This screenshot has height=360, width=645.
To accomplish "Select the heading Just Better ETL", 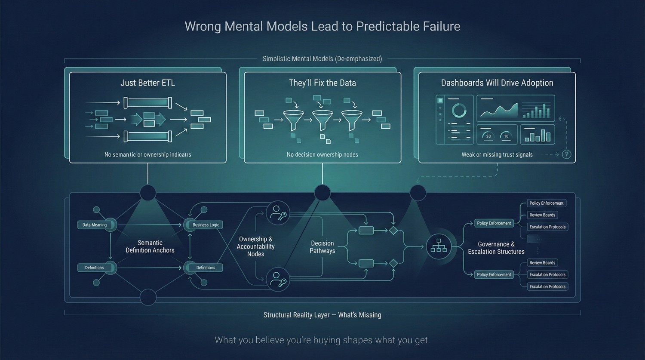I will [x=147, y=83].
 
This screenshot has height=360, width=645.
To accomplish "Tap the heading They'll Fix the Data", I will [x=322, y=83].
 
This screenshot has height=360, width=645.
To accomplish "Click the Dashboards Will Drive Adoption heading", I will [x=497, y=83].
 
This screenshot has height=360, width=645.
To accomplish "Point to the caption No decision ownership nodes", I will [x=322, y=154].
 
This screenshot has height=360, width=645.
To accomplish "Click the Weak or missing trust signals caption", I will [x=497, y=154].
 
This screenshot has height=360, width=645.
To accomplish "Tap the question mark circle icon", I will [x=567, y=154].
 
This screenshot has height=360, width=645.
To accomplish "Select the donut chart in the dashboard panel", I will [x=459, y=111].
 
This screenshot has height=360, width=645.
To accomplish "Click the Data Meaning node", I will [x=95, y=225].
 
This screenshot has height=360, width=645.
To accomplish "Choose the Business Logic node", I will [x=206, y=225].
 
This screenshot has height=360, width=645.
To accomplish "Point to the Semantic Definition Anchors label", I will [x=150, y=246].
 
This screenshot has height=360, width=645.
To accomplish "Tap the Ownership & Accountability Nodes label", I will [x=255, y=246].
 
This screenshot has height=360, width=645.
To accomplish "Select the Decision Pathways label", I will [x=322, y=247].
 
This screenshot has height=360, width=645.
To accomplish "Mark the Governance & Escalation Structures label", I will [x=496, y=248].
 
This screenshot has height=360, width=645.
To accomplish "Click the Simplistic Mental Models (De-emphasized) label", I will [x=322, y=58].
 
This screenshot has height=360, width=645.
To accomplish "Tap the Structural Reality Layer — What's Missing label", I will [x=322, y=315].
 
